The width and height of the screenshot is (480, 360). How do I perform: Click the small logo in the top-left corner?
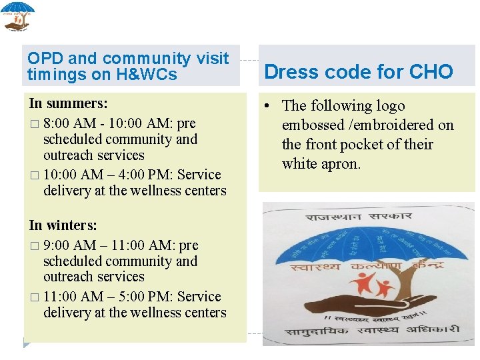click(x=17, y=16)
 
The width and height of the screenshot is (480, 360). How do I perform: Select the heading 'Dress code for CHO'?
click(x=359, y=72)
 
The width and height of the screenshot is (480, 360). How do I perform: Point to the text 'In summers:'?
click(x=68, y=103)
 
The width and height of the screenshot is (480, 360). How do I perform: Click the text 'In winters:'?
click(x=63, y=225)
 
